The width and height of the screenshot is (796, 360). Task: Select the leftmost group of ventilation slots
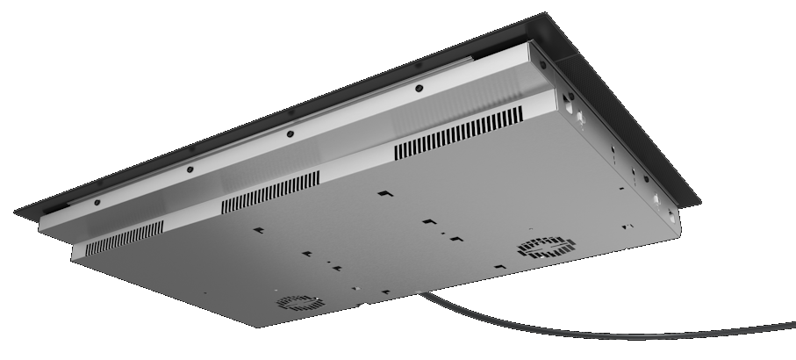click(125, 235)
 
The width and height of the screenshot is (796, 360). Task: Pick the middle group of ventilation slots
click(270, 191)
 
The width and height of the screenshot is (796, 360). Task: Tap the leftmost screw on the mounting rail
click(97, 201)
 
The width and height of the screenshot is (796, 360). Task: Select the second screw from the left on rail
click(190, 169)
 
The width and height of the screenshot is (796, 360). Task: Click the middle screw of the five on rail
click(290, 134)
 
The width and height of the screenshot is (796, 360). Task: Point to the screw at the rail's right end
click(542, 64)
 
